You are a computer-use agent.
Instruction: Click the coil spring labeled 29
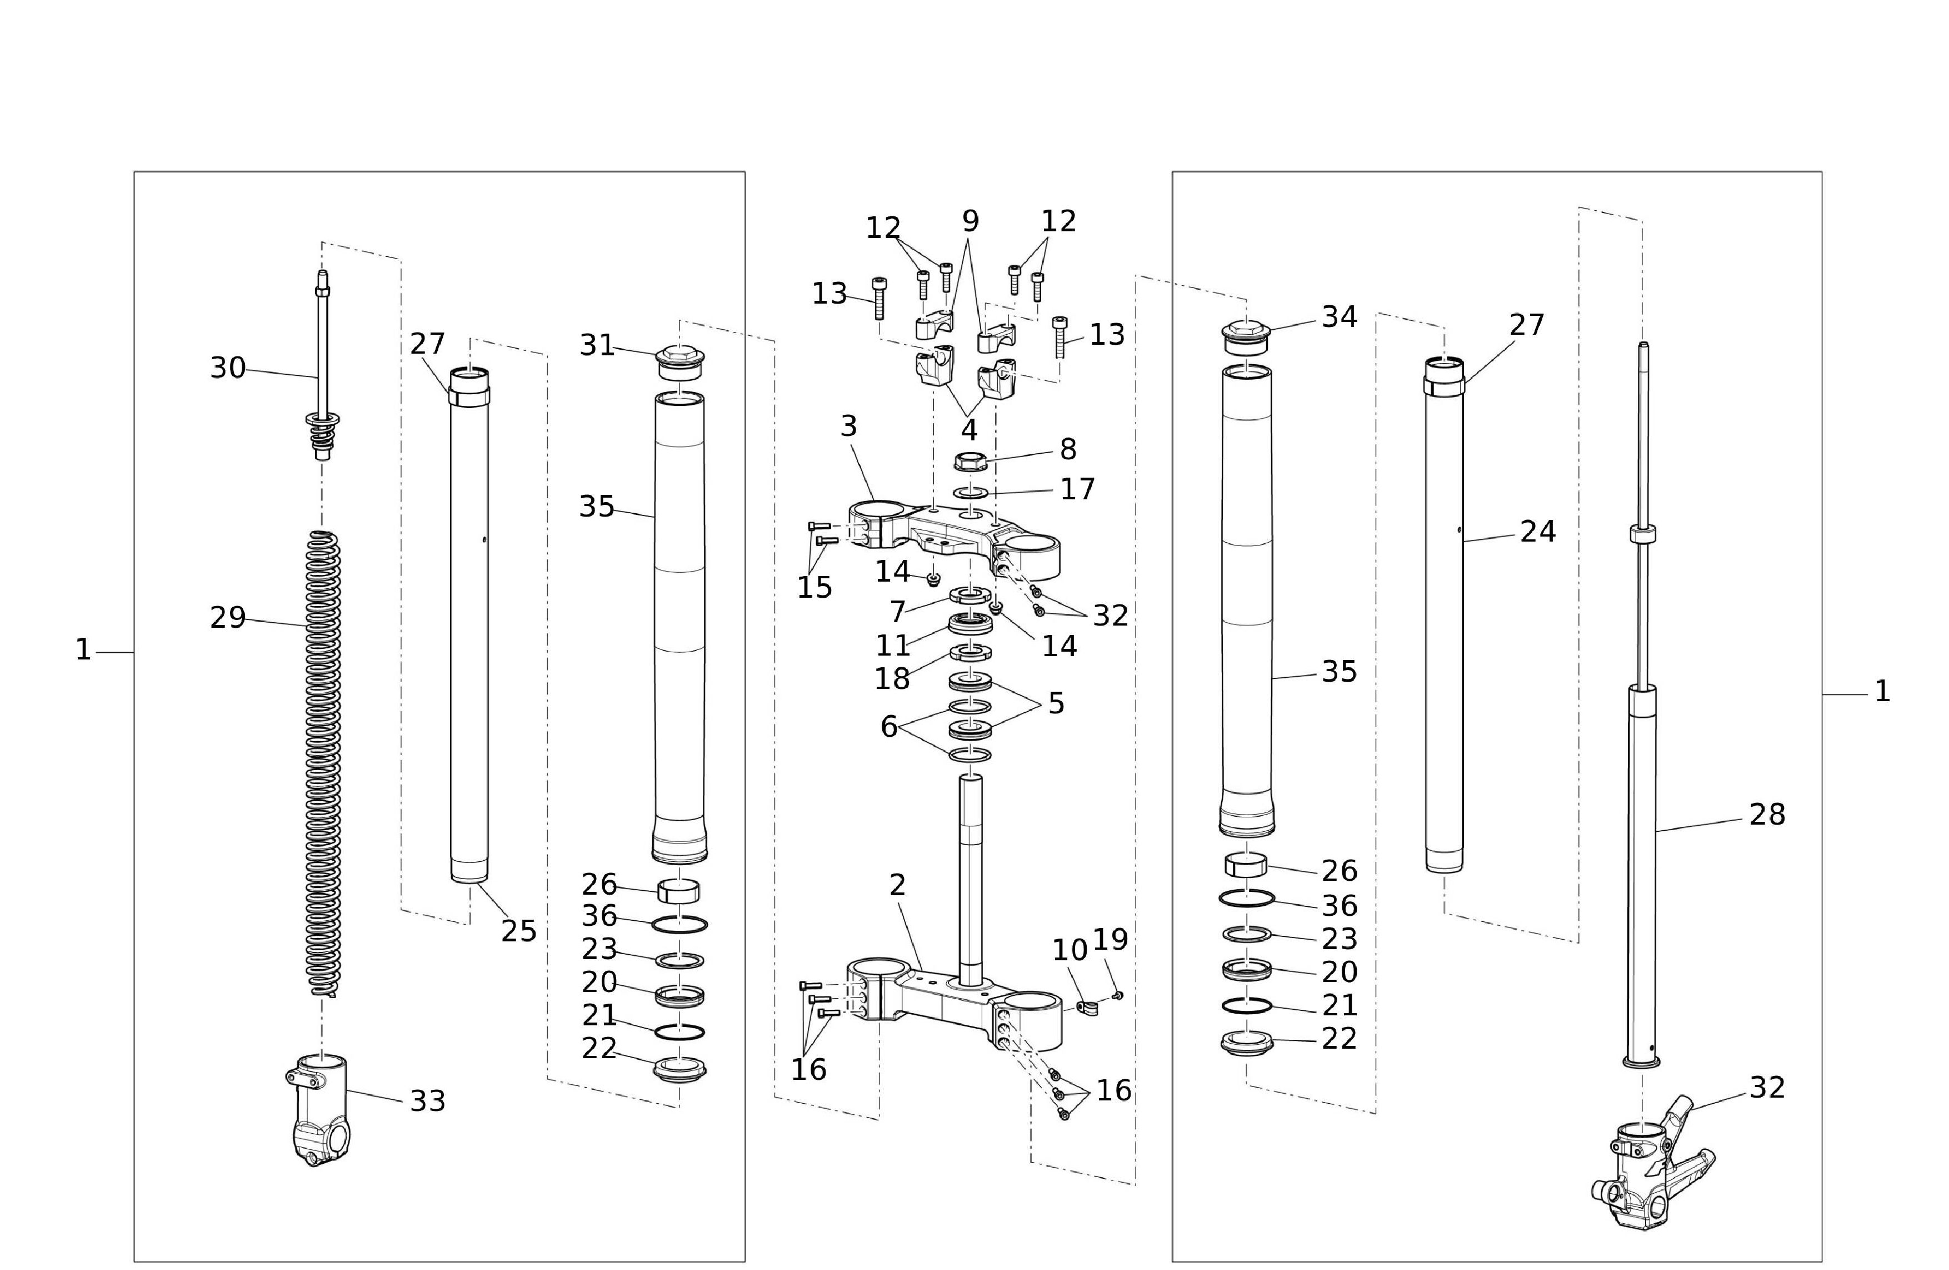(323, 763)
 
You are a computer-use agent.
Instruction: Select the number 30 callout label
(228, 368)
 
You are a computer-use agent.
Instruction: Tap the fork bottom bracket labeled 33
(318, 1110)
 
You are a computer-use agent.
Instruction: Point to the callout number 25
(518, 931)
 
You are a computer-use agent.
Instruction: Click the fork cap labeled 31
(679, 363)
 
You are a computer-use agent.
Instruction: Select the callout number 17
(1078, 489)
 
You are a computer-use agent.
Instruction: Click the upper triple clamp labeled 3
(954, 537)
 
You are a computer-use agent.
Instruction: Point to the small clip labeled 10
(1087, 1006)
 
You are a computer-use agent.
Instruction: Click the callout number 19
(1111, 940)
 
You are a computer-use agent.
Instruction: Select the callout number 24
(1538, 532)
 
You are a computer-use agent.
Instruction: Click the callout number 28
(1767, 815)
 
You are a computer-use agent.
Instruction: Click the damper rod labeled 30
(323, 365)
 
